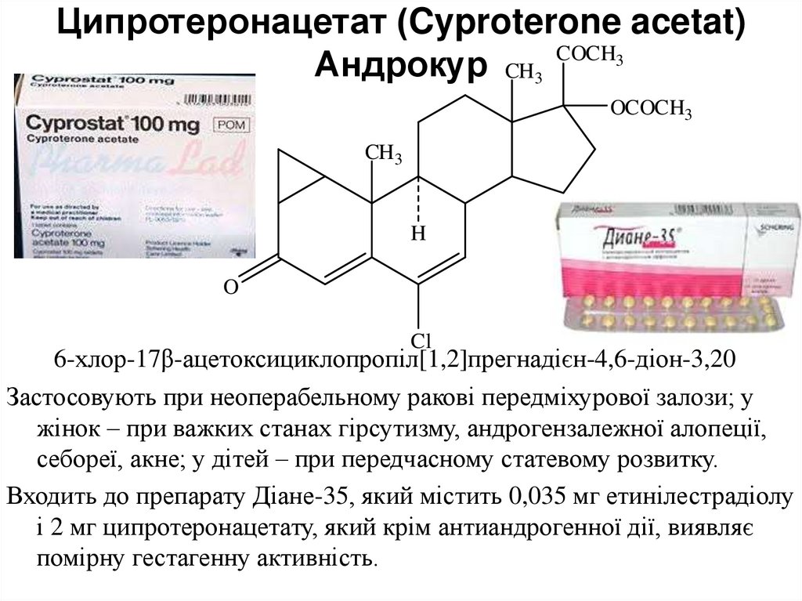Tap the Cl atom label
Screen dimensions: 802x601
[x=422, y=340]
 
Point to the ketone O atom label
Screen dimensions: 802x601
[x=230, y=288]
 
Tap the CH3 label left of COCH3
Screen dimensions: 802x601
[x=523, y=72]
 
